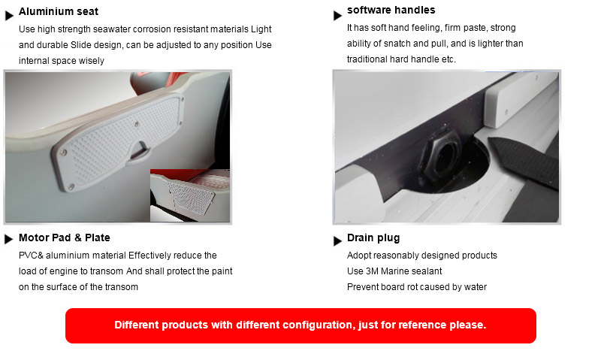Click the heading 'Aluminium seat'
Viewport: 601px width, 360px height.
coord(59,11)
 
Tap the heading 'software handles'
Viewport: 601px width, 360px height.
coord(391,10)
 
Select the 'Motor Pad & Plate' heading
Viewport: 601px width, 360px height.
coord(65,237)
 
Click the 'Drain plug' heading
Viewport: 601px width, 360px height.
coord(373,238)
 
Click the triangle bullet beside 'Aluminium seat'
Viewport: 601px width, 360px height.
coord(9,16)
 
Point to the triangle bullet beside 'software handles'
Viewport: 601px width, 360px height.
coord(337,16)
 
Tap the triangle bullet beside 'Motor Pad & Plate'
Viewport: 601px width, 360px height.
coord(8,239)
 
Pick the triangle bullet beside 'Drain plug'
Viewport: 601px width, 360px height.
coord(337,241)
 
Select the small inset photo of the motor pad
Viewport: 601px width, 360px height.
coord(190,195)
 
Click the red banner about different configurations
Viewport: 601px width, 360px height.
coord(300,325)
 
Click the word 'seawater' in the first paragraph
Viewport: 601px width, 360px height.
coord(113,29)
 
